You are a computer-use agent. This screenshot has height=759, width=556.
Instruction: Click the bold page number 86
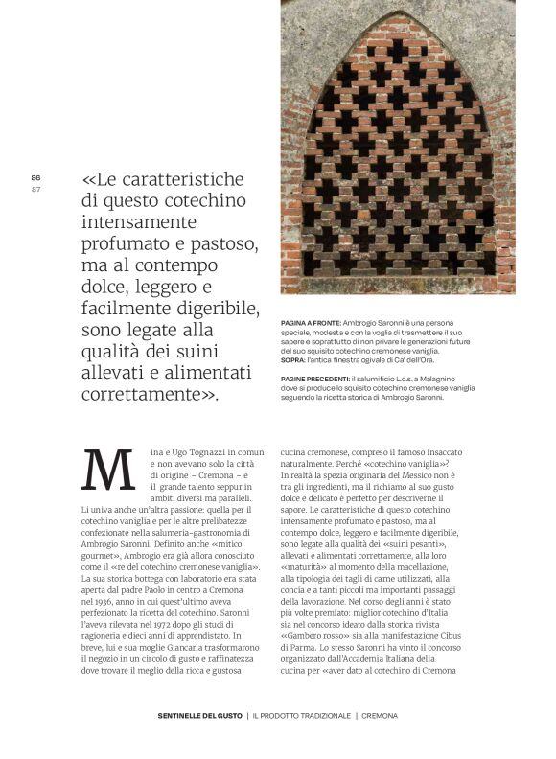pos(35,178)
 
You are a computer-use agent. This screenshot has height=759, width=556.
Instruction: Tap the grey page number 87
pos(35,189)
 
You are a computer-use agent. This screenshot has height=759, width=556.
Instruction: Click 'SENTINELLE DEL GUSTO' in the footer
pos(199,716)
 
